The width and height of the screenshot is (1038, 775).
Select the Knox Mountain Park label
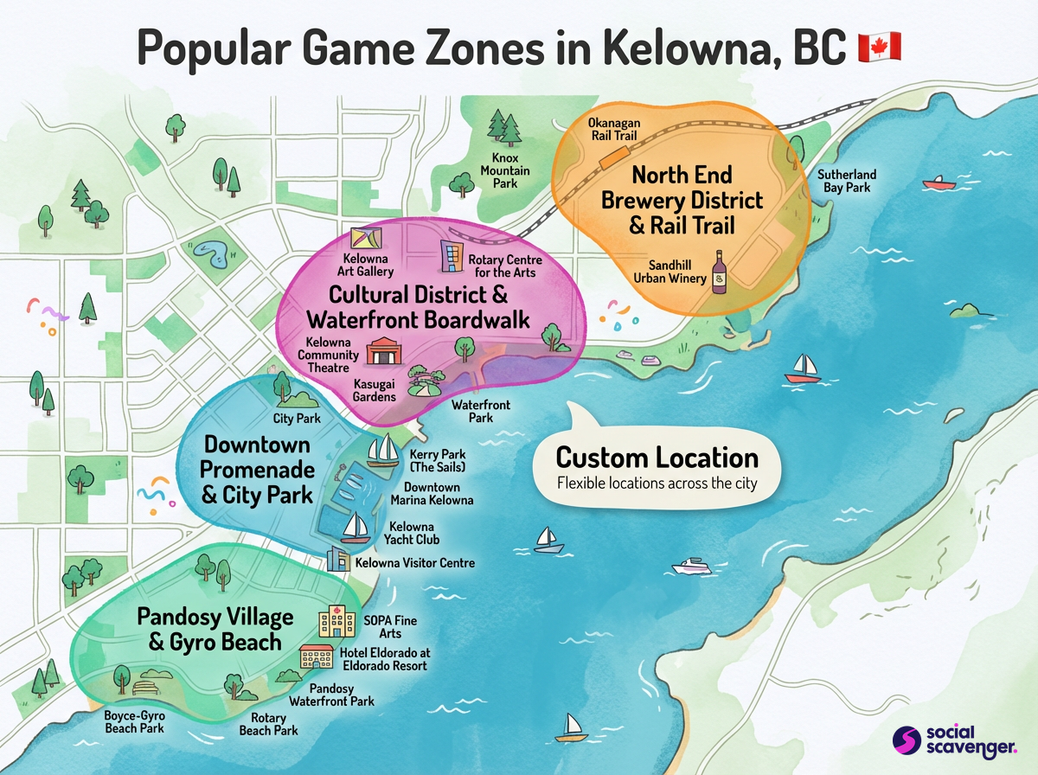[x=505, y=171]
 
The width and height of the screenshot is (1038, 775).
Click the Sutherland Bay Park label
[x=847, y=181]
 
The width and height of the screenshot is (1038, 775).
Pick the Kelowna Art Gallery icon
[x=367, y=239]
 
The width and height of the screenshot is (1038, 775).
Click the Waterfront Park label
[x=481, y=411]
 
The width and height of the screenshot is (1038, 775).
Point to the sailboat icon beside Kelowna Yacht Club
[x=356, y=525]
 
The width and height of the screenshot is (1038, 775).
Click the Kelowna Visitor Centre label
[x=415, y=563]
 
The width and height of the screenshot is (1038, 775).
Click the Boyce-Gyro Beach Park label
[x=134, y=722]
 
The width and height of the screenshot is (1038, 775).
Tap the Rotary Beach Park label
[x=268, y=725]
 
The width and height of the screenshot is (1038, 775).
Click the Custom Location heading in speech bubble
[x=657, y=458]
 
